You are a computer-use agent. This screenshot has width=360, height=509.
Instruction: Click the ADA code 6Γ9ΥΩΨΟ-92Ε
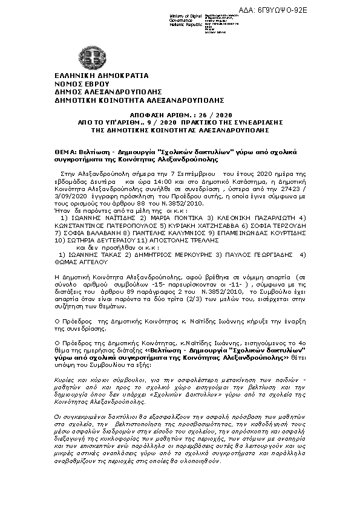point(326,11)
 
